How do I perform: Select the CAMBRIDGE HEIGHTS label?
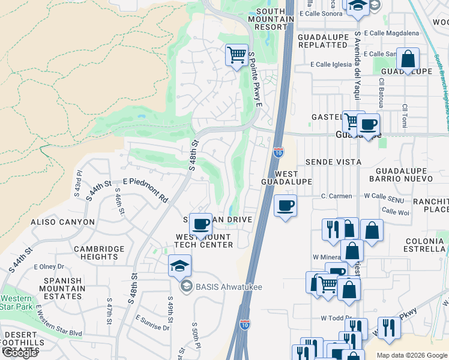coord(99,253)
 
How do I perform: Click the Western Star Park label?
coord(17,303)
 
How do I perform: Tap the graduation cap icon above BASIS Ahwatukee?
coord(180,265)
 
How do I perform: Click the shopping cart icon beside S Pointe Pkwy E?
coord(237,55)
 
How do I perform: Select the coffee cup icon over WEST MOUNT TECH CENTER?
coord(201,224)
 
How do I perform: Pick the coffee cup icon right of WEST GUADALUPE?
coord(286,205)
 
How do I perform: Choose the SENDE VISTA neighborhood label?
coord(333,162)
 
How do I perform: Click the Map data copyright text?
coord(412,355)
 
